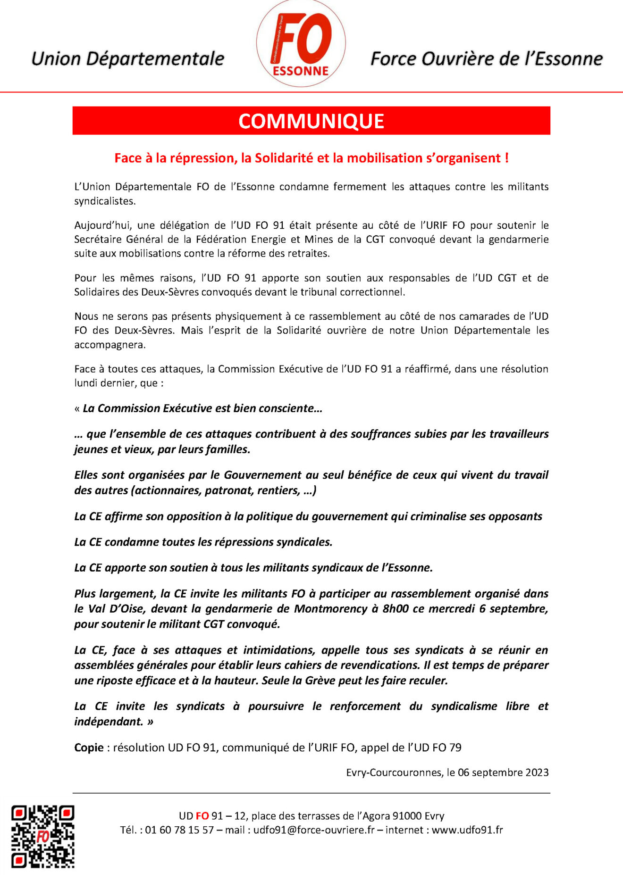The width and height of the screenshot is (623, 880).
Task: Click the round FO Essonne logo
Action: click(301, 44)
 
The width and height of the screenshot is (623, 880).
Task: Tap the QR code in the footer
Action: click(43, 836)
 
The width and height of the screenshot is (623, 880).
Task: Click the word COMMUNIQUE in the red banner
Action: click(311, 121)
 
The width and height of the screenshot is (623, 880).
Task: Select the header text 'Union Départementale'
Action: click(127, 59)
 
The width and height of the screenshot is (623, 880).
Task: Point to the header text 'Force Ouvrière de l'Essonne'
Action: click(487, 59)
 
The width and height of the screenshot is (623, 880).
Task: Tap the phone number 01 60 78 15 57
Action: click(179, 830)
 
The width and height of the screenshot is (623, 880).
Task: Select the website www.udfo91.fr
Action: click(467, 830)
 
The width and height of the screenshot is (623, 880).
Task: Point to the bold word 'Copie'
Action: click(89, 747)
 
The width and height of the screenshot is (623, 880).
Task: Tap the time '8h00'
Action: click(396, 609)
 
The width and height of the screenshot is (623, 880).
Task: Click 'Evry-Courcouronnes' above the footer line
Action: click(394, 772)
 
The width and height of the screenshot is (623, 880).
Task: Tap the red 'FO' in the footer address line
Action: click(202, 816)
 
